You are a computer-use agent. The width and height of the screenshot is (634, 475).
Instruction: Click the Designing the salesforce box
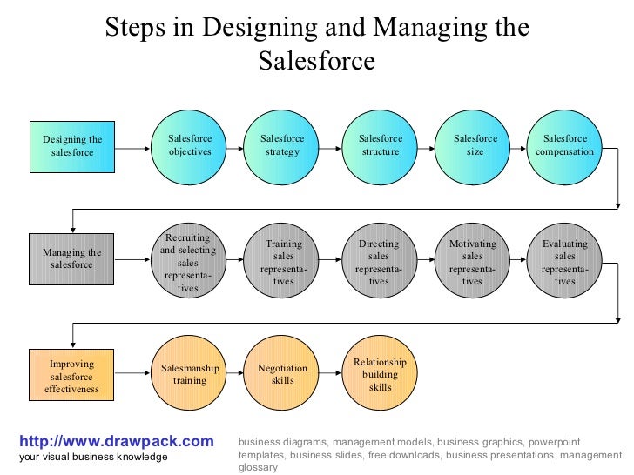(x=72, y=146)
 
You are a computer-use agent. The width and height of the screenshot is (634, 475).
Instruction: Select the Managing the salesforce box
(x=72, y=259)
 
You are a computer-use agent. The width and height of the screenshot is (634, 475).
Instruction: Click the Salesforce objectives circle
(x=190, y=146)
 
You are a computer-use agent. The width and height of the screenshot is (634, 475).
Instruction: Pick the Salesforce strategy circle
(x=282, y=146)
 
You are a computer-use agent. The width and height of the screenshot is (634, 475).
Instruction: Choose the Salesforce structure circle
(x=381, y=146)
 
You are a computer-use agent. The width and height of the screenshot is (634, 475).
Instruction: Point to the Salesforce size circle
(x=475, y=146)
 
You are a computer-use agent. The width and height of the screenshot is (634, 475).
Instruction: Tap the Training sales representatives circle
(x=283, y=261)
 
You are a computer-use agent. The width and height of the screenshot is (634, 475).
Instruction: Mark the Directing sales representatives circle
(x=379, y=261)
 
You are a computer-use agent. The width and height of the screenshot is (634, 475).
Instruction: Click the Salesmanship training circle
(x=190, y=375)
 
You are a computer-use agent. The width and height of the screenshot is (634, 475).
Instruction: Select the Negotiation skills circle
(x=282, y=375)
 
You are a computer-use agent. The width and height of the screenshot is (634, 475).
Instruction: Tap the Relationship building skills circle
(x=381, y=375)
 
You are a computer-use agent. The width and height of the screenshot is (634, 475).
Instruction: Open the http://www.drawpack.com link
(x=116, y=442)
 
